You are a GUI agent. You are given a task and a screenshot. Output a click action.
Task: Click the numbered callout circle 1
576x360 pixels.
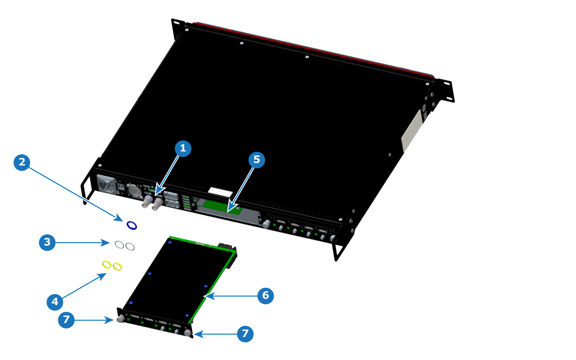183,148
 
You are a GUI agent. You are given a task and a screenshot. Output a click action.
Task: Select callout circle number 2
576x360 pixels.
22,162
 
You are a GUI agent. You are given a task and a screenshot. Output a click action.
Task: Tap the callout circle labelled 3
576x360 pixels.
47,243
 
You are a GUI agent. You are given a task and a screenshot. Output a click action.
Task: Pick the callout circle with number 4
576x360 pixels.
55,302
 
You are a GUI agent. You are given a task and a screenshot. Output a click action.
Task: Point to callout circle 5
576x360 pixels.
257,160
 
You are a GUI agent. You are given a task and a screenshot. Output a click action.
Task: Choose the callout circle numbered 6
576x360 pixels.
266,296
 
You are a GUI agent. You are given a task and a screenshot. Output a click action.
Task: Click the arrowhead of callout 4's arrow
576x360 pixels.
102,276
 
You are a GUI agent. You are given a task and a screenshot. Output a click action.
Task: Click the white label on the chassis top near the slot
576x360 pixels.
220,192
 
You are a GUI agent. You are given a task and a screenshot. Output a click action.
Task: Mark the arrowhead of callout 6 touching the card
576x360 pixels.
208,296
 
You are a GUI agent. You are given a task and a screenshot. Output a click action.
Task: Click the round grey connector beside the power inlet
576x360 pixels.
134,191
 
